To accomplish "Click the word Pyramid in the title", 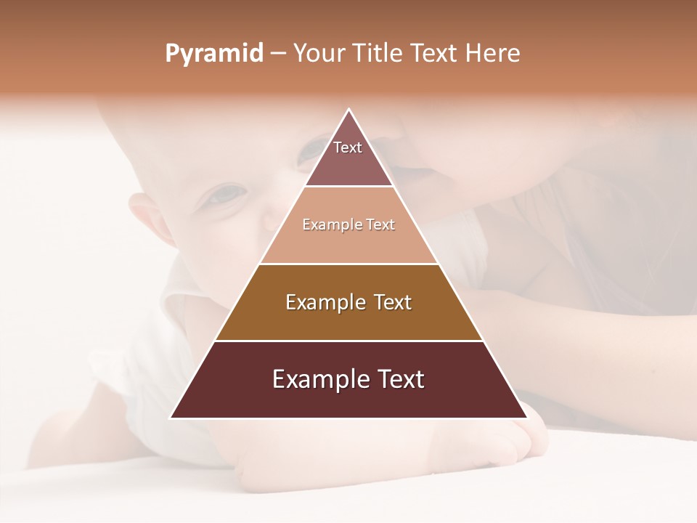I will [x=213, y=54].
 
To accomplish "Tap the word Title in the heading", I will [x=378, y=54].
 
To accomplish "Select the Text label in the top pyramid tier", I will [x=348, y=147].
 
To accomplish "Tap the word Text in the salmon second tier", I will [x=381, y=224].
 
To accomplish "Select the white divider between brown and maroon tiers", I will [x=348, y=341].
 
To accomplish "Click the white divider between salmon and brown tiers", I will [x=348, y=264].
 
